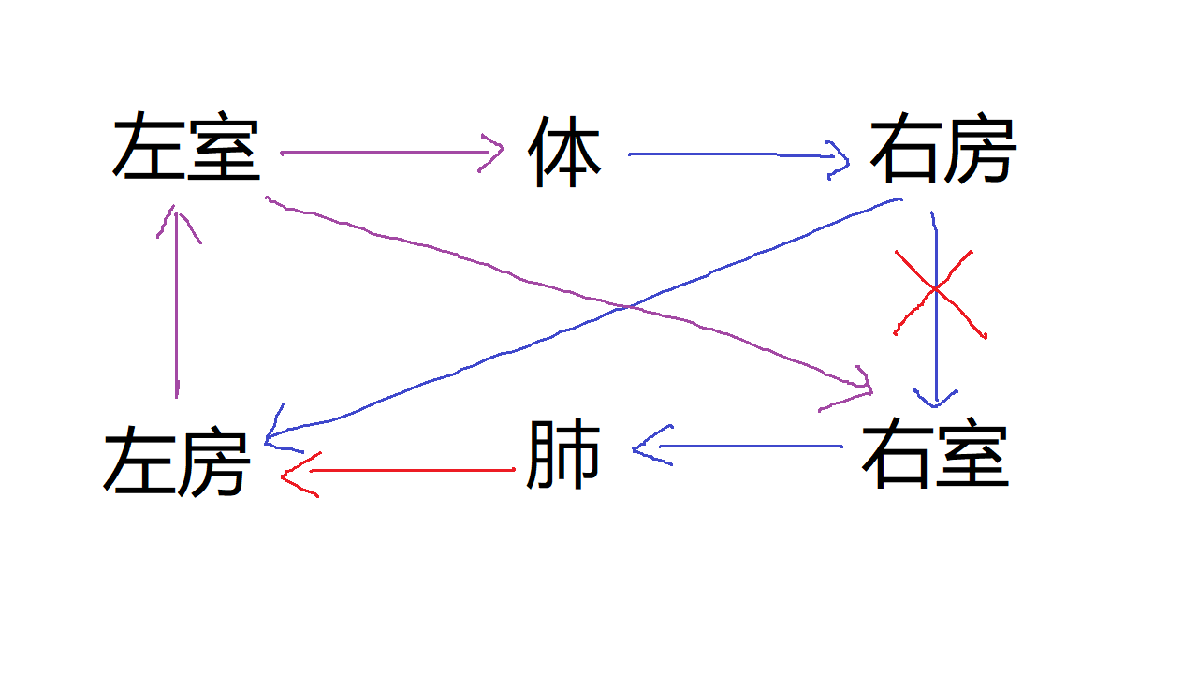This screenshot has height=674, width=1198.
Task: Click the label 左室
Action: pyautogui.click(x=186, y=145)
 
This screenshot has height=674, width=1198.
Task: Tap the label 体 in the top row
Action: pyautogui.click(x=564, y=152)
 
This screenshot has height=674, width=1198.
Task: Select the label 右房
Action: pyautogui.click(x=943, y=148)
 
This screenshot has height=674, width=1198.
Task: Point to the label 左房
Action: pyautogui.click(x=177, y=461)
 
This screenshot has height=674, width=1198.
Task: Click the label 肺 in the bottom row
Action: pyautogui.click(x=563, y=454)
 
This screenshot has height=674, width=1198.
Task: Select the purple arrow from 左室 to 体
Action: pyautogui.click(x=391, y=153)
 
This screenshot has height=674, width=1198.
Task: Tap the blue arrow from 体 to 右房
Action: pyautogui.click(x=738, y=154)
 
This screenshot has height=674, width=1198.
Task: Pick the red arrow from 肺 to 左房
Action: pyautogui.click(x=399, y=471)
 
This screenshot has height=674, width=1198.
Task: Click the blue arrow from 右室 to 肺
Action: pyautogui.click(x=738, y=447)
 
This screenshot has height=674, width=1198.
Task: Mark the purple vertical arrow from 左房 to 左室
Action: pyautogui.click(x=177, y=302)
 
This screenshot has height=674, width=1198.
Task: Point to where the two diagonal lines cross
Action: pyautogui.click(x=628, y=307)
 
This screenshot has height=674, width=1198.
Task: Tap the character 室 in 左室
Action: pyautogui.click(x=224, y=145)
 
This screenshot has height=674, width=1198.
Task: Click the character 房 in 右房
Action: pyautogui.click(x=980, y=148)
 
